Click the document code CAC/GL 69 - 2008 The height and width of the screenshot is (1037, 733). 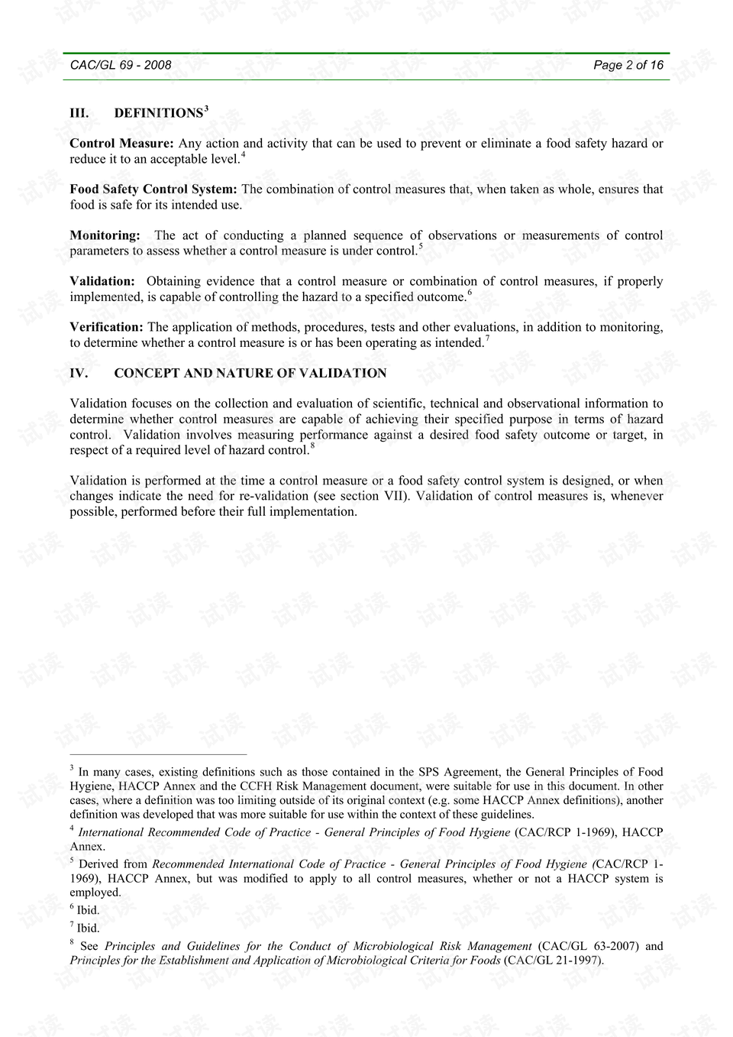[121, 66]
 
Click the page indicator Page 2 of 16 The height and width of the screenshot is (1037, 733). [628, 66]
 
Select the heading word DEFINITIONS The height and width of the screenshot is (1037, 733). [158, 113]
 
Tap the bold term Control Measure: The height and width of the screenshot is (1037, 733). [121, 144]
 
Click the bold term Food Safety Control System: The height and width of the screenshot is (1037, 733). [153, 190]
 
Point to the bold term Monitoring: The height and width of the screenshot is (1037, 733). [105, 235]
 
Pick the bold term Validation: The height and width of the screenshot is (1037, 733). [102, 281]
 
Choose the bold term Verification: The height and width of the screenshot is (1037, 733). [106, 327]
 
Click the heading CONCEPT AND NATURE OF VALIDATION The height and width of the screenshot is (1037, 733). [250, 374]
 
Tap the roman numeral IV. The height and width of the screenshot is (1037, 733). [79, 374]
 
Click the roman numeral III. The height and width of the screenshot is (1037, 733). [79, 113]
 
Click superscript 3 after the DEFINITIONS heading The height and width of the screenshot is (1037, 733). [206, 109]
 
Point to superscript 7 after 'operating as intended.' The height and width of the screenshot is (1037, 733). [487, 339]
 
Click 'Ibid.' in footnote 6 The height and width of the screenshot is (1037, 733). [88, 910]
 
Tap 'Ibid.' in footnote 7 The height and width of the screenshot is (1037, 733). [88, 928]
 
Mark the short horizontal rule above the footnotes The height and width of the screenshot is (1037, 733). [158, 753]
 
